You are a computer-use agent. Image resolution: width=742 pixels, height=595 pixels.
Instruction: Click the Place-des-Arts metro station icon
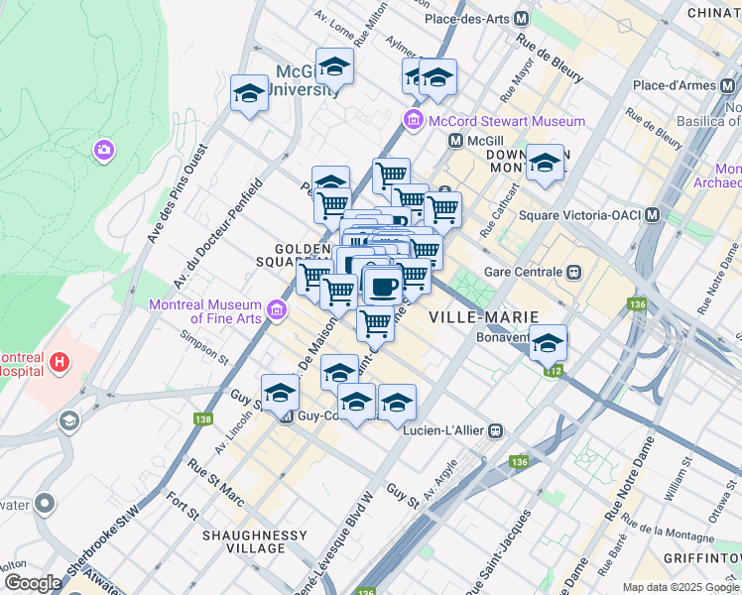tap(521, 19)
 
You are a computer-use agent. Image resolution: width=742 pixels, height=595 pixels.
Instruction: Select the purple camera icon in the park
tap(103, 150)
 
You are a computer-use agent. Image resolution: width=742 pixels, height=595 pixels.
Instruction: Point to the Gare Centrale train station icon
tap(572, 272)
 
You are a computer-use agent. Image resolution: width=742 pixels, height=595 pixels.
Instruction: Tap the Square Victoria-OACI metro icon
tap(652, 215)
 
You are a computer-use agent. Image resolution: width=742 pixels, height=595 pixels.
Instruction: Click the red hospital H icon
tap(60, 363)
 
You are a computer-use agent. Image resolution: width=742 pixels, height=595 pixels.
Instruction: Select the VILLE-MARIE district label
tap(484, 316)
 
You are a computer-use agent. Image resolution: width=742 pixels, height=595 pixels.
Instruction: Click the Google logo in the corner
tap(32, 583)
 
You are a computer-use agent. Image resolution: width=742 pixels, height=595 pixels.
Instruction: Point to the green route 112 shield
tap(553, 371)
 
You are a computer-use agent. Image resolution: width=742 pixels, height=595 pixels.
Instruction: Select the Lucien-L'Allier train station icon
tap(493, 430)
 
